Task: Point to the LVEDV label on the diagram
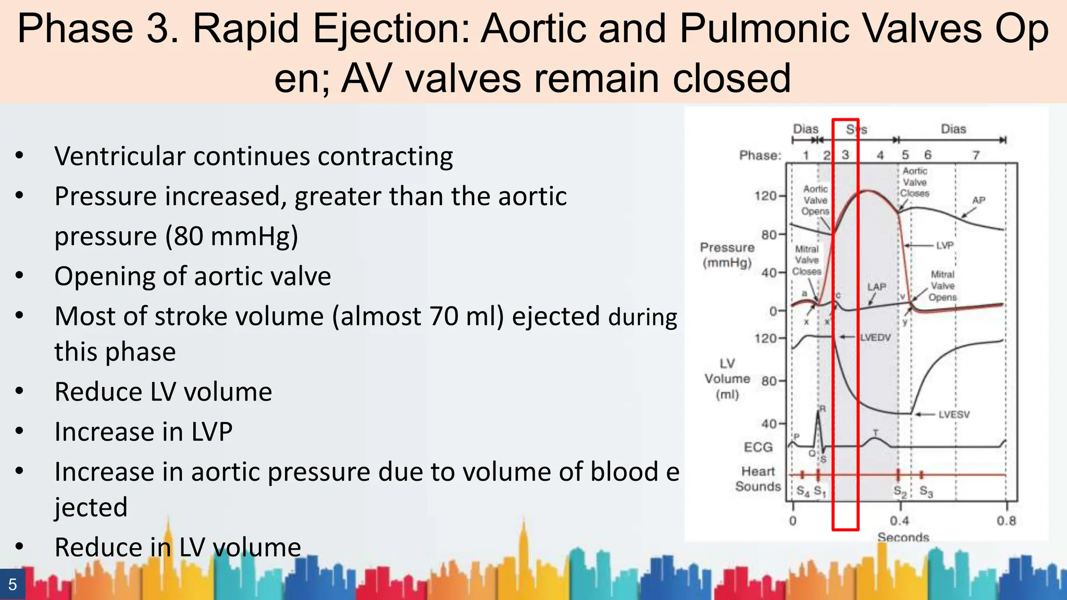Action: (x=875, y=337)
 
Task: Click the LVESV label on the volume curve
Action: (x=954, y=415)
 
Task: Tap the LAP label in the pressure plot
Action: (x=876, y=287)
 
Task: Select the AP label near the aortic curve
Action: (x=978, y=201)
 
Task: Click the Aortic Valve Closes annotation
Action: (x=915, y=182)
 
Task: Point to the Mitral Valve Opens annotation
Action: (x=942, y=286)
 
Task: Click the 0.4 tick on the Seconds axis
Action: (x=899, y=521)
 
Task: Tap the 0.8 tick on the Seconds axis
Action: (x=1006, y=521)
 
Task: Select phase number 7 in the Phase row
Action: (x=976, y=155)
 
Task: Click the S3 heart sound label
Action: (x=926, y=491)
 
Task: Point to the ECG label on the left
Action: (x=758, y=447)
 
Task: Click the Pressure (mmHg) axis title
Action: (x=727, y=255)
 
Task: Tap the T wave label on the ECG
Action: (x=875, y=433)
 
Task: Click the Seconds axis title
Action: (x=903, y=537)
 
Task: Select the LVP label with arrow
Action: (x=944, y=245)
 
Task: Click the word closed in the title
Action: (x=731, y=78)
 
